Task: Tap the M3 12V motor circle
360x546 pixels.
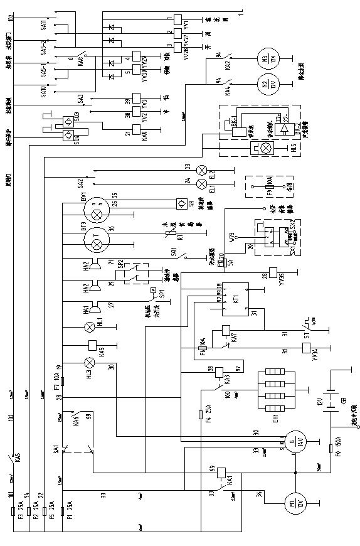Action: (x=267, y=59)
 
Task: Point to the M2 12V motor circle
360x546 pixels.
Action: (x=267, y=83)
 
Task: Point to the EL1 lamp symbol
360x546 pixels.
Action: (x=201, y=184)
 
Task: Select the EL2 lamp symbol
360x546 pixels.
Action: (x=201, y=169)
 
